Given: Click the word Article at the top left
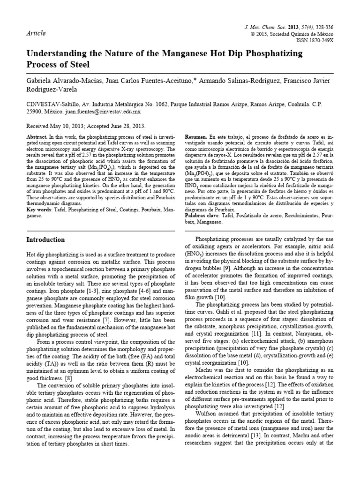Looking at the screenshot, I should coord(36,33).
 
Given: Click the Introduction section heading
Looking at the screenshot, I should coord(45,240).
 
